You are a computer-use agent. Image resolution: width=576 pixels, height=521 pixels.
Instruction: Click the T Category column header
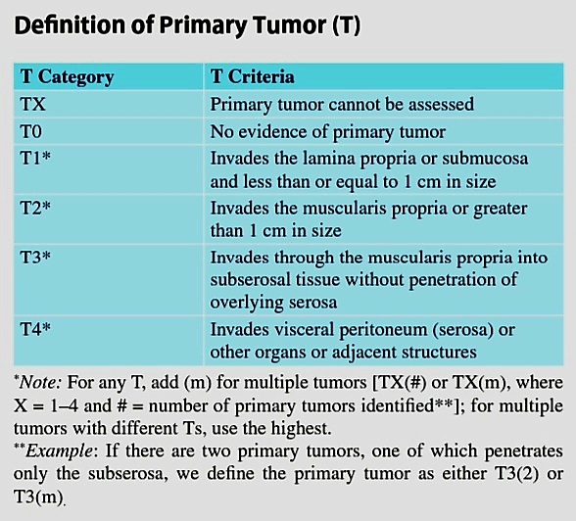pyautogui.click(x=68, y=77)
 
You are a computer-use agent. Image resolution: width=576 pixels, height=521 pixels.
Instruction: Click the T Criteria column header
pyautogui.click(x=253, y=76)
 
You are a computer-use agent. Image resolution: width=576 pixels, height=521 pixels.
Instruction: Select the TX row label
pyautogui.click(x=33, y=104)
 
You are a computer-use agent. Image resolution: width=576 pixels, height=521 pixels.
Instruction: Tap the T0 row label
pyautogui.click(x=31, y=131)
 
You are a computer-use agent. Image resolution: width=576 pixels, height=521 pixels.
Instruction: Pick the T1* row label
pyautogui.click(x=35, y=158)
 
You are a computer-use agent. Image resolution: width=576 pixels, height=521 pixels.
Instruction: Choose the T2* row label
pyautogui.click(x=35, y=208)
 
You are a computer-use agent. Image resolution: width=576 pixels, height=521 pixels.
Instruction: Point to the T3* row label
pyautogui.click(x=35, y=257)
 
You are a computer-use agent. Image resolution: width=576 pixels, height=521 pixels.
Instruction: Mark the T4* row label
pyautogui.click(x=35, y=329)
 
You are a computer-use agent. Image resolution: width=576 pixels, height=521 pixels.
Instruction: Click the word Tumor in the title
pyautogui.click(x=290, y=24)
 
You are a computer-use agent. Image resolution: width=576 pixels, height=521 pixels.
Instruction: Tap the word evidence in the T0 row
pyautogui.click(x=272, y=132)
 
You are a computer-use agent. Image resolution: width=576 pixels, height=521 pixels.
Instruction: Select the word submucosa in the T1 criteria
pyautogui.click(x=485, y=159)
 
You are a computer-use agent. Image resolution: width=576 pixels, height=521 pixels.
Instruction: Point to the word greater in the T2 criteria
pyautogui.click(x=500, y=209)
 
